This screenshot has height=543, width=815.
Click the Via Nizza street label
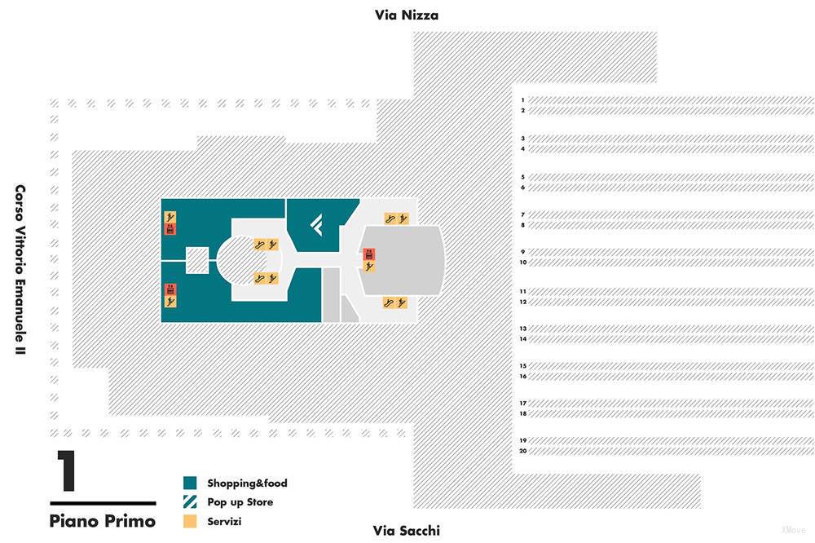point(407,15)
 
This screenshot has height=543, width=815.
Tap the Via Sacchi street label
point(406,531)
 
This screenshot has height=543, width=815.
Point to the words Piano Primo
point(102,520)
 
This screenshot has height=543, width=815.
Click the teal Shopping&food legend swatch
point(191,483)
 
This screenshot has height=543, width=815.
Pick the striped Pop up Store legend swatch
point(191,502)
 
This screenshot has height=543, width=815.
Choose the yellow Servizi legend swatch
point(191,522)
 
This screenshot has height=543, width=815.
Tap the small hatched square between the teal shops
point(197,260)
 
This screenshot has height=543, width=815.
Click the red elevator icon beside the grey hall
point(369,254)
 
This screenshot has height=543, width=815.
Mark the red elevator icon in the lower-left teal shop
point(170,289)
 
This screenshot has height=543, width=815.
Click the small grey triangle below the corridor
point(348,311)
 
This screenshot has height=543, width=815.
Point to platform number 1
point(522,99)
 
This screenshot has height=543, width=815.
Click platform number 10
point(522,263)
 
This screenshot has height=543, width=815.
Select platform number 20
point(522,451)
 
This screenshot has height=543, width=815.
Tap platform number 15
point(522,366)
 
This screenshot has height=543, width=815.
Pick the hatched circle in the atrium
point(249,260)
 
